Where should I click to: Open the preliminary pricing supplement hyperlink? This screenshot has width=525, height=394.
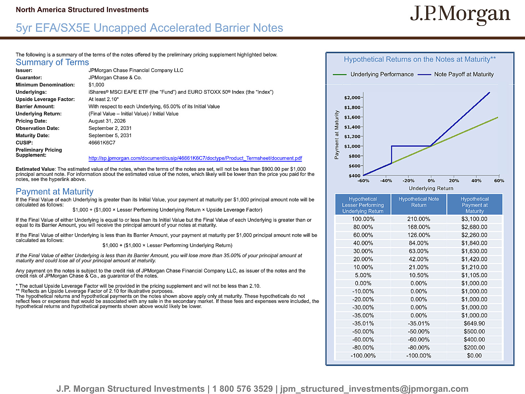(195, 158)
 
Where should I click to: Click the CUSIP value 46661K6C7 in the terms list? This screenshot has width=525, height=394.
(102, 143)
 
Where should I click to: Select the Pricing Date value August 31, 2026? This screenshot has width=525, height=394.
(107, 121)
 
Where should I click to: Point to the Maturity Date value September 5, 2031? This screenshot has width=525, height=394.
(110, 135)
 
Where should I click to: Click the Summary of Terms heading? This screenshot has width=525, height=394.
(52, 62)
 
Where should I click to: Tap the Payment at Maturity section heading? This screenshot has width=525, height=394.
(55, 192)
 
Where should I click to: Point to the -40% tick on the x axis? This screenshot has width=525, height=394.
(386, 181)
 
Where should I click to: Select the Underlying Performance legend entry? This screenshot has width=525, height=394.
(373, 74)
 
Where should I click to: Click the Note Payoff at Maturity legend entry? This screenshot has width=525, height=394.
(456, 74)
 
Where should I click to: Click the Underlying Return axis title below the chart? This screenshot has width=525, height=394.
(431, 188)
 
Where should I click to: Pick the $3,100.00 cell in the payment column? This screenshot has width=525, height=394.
(474, 219)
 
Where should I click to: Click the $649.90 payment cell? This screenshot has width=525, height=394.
(474, 324)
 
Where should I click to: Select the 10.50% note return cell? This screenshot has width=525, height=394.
(419, 275)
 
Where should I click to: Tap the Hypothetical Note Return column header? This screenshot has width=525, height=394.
(419, 202)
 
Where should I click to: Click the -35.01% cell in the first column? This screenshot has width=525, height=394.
(363, 324)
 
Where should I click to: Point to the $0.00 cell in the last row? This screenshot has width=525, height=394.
(474, 355)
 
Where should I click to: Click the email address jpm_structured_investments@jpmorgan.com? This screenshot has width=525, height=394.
(374, 389)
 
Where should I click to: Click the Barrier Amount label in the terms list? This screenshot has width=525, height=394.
(35, 107)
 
